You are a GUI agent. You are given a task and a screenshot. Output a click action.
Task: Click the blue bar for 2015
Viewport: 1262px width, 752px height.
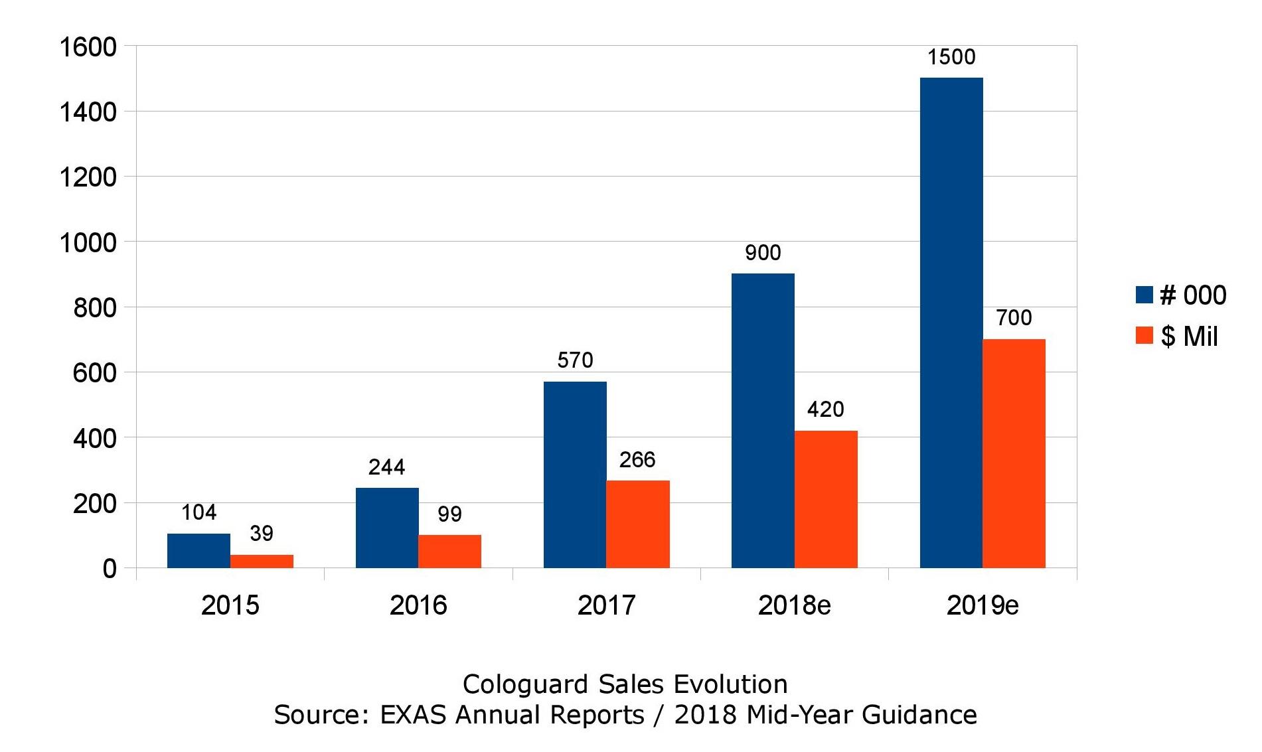pyautogui.click(x=198, y=551)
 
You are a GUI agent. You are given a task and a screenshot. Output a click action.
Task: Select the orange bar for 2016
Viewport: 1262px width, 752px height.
pyautogui.click(x=449, y=552)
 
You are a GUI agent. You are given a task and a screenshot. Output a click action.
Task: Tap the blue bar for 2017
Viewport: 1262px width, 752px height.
pyautogui.click(x=575, y=475)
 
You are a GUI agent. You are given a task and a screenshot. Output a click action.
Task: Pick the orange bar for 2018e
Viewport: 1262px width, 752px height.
pyautogui.click(x=826, y=499)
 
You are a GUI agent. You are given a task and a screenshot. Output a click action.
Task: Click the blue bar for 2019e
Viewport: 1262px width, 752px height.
pyautogui.click(x=951, y=323)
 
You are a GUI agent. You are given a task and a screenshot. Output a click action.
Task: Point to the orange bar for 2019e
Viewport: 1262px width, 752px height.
pyautogui.click(x=1014, y=453)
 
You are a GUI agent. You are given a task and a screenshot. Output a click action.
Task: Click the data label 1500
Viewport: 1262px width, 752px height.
pyautogui.click(x=951, y=57)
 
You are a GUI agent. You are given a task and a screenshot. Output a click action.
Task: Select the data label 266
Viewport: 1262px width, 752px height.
pyautogui.click(x=637, y=459)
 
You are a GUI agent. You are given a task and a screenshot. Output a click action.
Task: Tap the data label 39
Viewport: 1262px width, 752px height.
pyautogui.click(x=262, y=533)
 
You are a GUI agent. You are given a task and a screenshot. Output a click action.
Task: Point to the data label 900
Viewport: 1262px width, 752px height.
pyautogui.click(x=763, y=252)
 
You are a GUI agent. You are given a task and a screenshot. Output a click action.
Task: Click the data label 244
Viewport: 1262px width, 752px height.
pyautogui.click(x=386, y=467)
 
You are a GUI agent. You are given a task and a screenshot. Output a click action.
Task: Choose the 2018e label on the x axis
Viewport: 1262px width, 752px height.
pyautogui.click(x=794, y=605)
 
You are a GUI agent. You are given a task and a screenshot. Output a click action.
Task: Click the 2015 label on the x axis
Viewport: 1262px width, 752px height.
pyautogui.click(x=230, y=605)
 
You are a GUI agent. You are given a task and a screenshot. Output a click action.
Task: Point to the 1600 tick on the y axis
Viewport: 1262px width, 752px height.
pyautogui.click(x=88, y=47)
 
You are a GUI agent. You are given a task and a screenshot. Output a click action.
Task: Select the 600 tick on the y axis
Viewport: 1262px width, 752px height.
pyautogui.click(x=95, y=373)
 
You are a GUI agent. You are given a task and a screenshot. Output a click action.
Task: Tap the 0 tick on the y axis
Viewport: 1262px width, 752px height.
pyautogui.click(x=110, y=569)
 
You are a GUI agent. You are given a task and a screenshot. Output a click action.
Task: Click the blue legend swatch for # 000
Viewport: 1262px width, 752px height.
pyautogui.click(x=1144, y=295)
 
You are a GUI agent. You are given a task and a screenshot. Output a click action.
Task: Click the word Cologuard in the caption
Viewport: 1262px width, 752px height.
pyautogui.click(x=526, y=684)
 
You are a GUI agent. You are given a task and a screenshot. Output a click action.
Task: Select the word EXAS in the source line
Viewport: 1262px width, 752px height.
pyautogui.click(x=414, y=715)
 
